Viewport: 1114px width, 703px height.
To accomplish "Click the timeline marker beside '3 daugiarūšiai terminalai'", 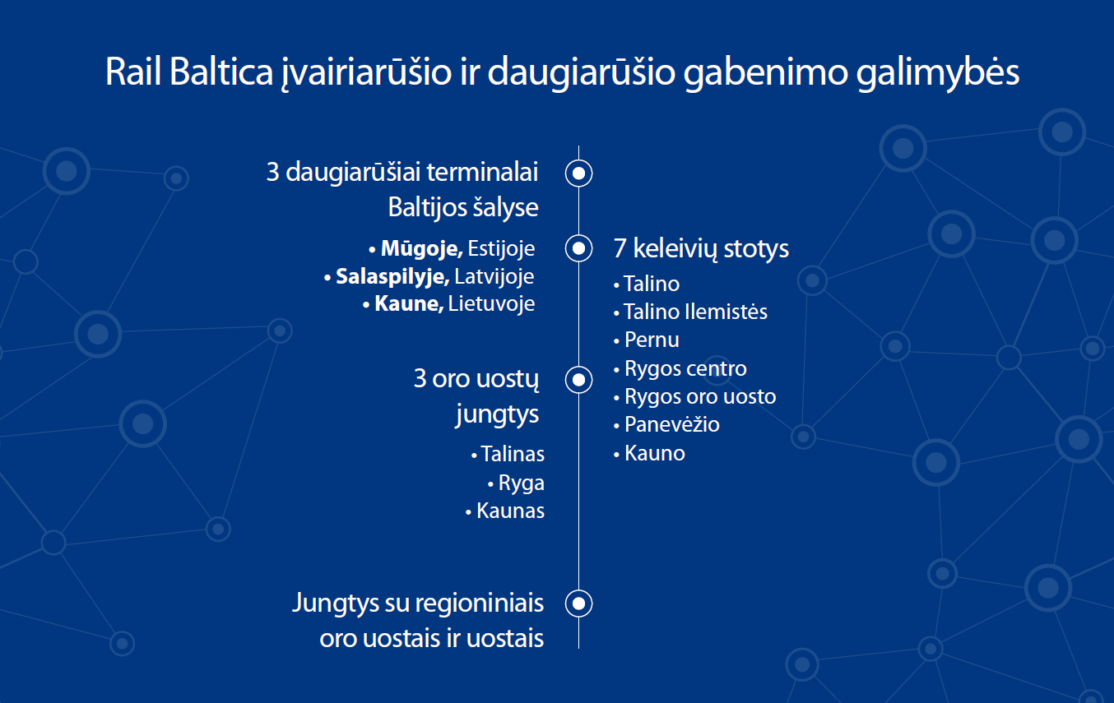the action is click(x=578, y=173).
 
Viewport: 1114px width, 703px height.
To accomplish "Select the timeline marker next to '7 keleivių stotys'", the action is click(x=578, y=248).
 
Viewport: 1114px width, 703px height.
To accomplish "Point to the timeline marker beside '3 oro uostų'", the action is click(x=578, y=380).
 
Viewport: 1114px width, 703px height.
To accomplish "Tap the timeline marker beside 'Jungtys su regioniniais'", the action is click(x=578, y=603).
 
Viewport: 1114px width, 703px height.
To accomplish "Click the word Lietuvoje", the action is click(x=491, y=303).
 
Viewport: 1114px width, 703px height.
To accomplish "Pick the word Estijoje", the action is click(x=501, y=248).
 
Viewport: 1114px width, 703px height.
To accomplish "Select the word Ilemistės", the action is click(x=726, y=312).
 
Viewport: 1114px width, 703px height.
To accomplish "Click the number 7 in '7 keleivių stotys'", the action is click(x=620, y=248).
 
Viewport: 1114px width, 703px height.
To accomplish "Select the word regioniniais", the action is click(x=480, y=603).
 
